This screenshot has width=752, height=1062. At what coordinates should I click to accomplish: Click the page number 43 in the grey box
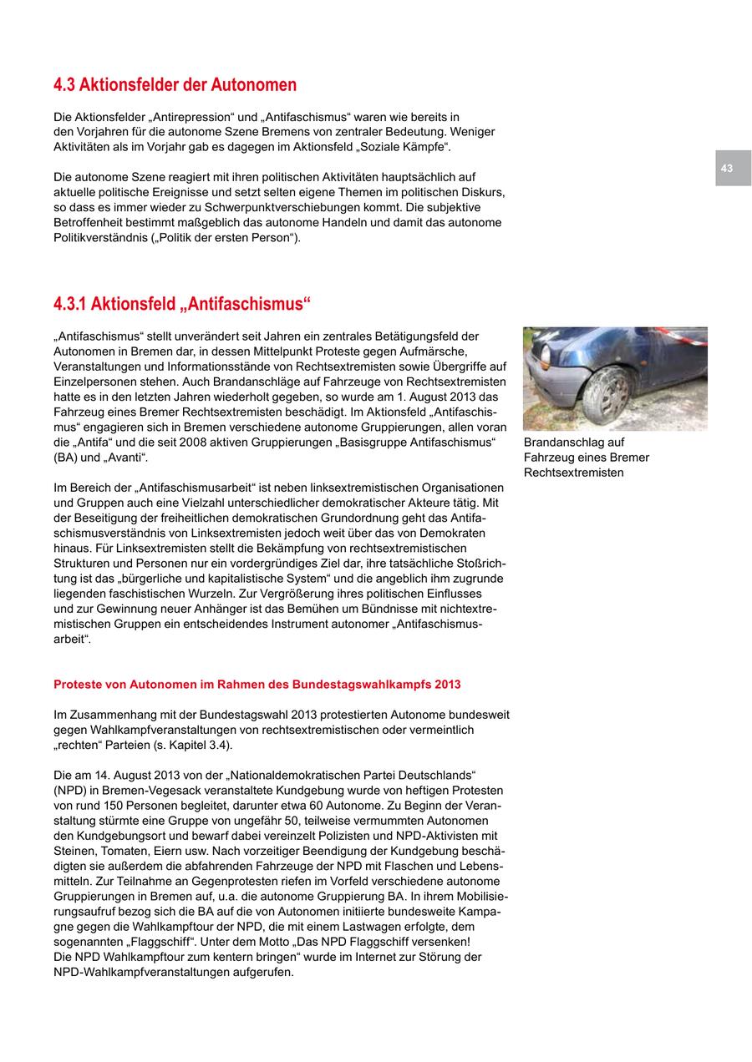click(x=726, y=169)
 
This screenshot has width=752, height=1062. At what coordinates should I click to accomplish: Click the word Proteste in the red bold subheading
click(x=77, y=685)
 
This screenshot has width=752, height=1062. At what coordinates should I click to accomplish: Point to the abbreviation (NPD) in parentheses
click(x=70, y=790)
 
